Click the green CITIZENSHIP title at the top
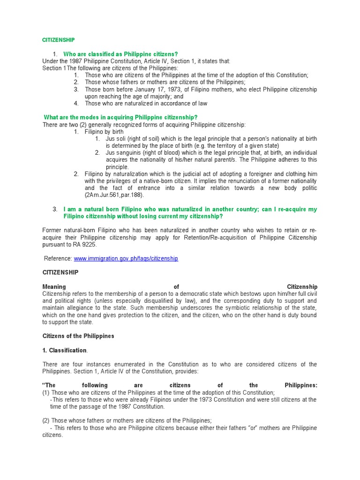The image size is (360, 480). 58,40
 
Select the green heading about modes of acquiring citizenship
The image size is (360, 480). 120,117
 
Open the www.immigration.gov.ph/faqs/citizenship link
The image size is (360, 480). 126,259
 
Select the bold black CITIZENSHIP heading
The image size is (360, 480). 60,272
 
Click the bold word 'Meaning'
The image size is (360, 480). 54,286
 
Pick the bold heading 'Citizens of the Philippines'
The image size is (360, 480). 78,336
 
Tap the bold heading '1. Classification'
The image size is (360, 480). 65,350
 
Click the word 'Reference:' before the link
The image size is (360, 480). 58,259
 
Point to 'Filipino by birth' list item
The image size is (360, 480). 104,132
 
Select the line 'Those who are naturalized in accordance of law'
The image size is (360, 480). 146,103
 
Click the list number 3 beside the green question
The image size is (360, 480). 55,209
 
